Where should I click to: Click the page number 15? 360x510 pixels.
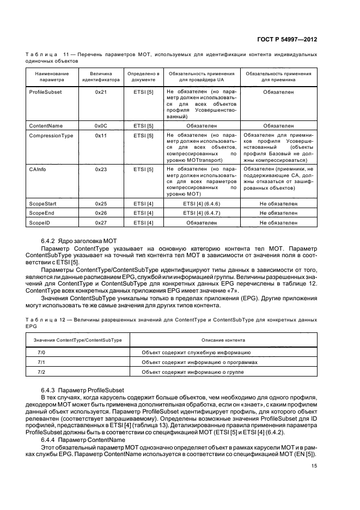314,466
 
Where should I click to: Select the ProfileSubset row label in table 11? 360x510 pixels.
45,93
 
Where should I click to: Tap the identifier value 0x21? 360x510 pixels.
101,93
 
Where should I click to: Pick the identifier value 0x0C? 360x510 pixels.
101,126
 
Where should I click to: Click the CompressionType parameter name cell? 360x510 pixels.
51,135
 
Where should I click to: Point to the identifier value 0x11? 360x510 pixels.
101,135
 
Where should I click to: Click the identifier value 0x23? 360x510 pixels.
101,169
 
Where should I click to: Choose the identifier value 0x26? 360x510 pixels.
101,213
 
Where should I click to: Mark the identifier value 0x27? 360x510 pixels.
101,222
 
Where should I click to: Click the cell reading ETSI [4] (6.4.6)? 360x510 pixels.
202,203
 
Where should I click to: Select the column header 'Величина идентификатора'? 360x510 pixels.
101,76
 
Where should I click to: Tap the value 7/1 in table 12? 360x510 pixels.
41,362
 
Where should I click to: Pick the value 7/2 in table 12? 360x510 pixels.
41,372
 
